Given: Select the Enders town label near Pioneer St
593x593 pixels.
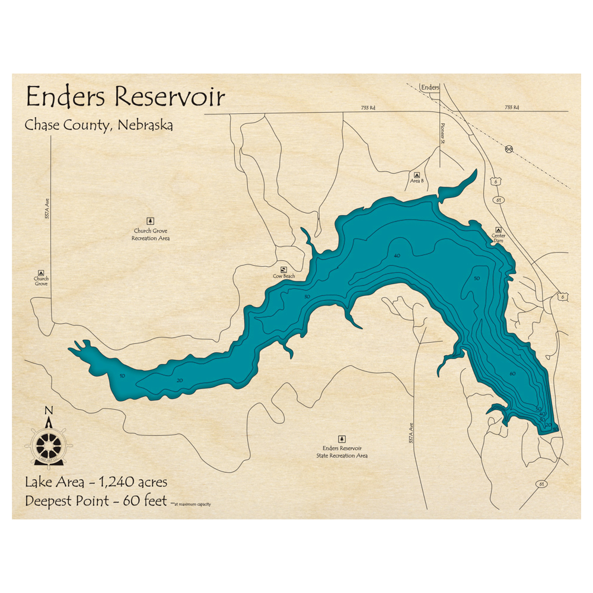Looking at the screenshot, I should click(x=430, y=87).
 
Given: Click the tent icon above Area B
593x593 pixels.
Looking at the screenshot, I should click(x=417, y=175).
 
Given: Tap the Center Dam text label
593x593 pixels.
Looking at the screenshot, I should click(x=498, y=238).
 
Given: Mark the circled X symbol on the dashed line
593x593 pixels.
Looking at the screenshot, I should click(x=508, y=149).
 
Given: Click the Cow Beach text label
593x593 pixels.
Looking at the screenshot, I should click(x=283, y=276).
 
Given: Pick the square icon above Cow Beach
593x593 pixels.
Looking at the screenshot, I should click(x=283, y=269).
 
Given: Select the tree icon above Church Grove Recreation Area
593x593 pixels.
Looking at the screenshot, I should click(x=150, y=221).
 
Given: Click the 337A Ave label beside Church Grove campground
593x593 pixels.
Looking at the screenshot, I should click(x=47, y=209).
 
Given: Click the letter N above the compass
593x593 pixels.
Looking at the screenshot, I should click(x=49, y=411).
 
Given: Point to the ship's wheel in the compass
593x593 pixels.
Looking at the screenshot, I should click(x=48, y=444).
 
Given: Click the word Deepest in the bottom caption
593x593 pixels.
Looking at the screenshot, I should click(x=50, y=501).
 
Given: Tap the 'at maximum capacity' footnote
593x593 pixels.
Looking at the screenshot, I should click(x=191, y=505).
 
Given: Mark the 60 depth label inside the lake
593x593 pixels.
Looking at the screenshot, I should click(x=512, y=374).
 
